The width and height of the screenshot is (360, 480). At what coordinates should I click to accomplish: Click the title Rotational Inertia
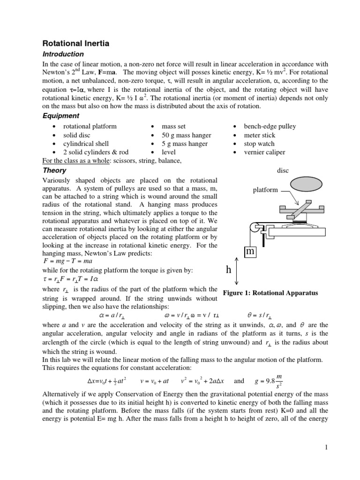coord(76,44)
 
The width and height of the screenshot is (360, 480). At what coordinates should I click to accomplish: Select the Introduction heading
coord(63,54)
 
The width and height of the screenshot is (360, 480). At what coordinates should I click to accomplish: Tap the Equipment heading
coord(61,116)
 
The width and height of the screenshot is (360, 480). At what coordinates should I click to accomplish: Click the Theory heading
coord(53,171)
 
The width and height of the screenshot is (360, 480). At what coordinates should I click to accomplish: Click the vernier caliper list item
coord(264,152)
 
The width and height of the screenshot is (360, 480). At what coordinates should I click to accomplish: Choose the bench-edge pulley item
coord(270,127)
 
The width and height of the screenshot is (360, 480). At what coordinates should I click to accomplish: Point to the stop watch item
coord(259,144)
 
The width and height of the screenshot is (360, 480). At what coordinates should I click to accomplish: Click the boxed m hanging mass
coord(250,252)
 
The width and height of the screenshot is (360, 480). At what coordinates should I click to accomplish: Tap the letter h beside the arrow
coord(229,271)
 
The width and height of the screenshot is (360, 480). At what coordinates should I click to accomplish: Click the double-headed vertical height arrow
coord(237,271)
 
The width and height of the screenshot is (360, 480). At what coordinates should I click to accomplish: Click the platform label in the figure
coord(265,190)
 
